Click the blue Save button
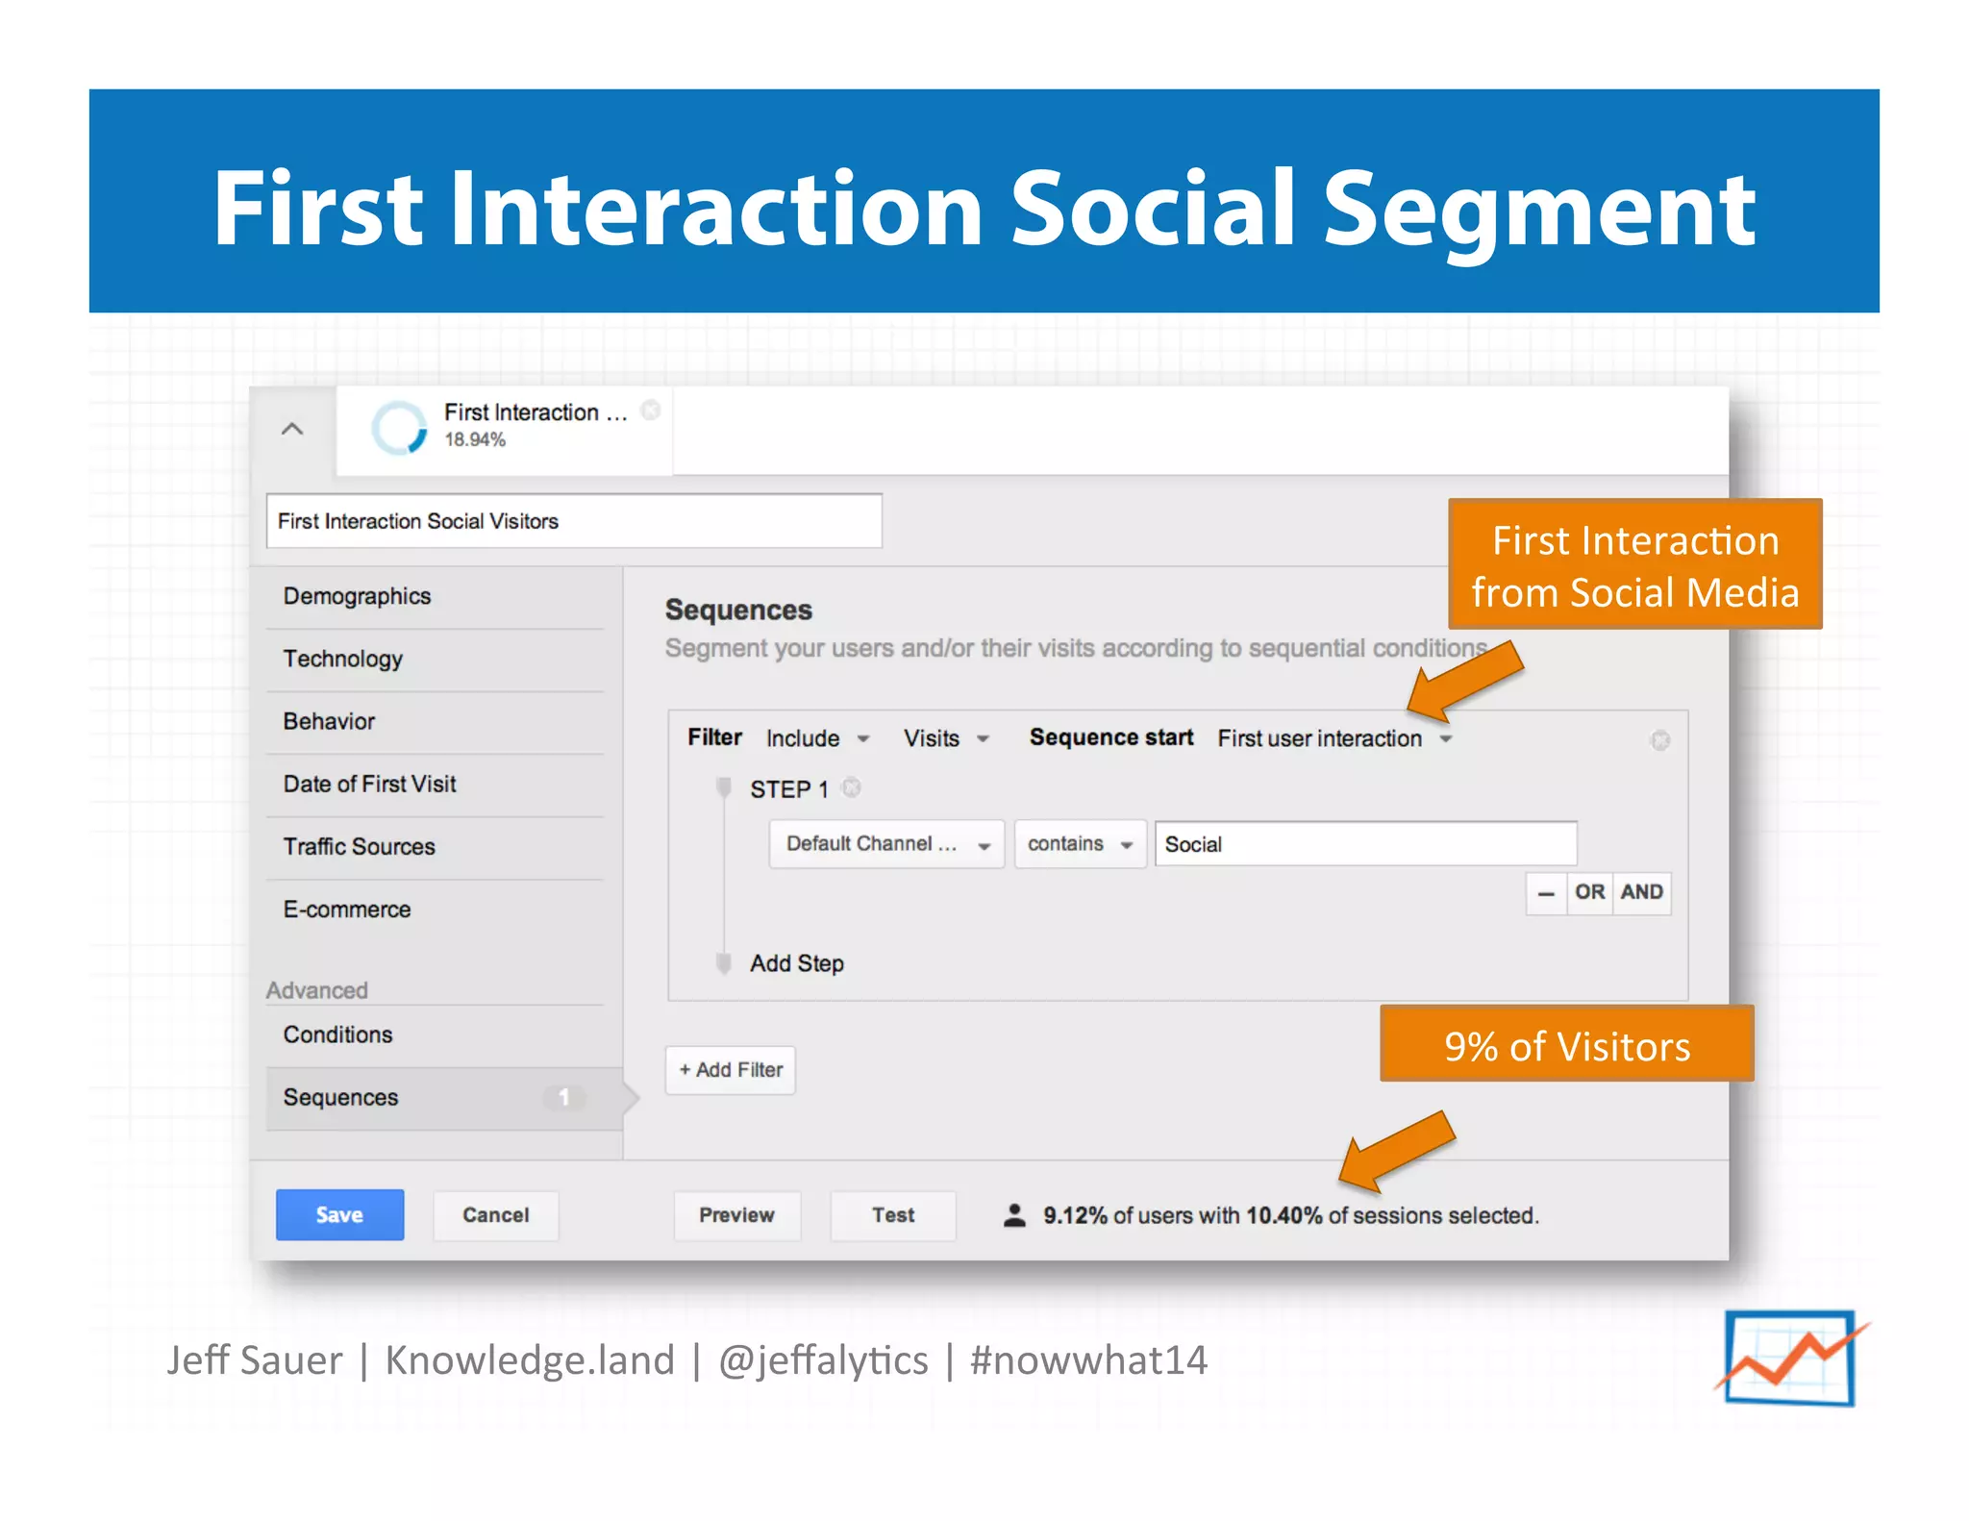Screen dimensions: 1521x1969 click(x=339, y=1214)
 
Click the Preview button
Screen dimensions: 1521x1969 click(x=736, y=1214)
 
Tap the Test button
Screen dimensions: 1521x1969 click(x=892, y=1214)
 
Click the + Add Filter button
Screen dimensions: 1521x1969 click(x=731, y=1069)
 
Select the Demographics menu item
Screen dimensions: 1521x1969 click(x=357, y=596)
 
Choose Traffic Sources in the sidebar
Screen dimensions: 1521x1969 click(x=359, y=846)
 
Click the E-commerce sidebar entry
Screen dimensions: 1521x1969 click(x=346, y=909)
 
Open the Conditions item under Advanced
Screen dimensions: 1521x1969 click(x=337, y=1035)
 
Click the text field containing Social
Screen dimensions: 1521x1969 click(x=1365, y=844)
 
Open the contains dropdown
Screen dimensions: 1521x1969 click(x=1080, y=844)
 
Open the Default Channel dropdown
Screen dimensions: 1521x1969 click(x=886, y=844)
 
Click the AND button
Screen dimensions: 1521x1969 click(x=1641, y=892)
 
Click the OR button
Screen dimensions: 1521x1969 click(x=1589, y=892)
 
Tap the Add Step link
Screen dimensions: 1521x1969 click(x=796, y=963)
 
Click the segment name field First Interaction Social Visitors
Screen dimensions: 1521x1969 click(x=573, y=521)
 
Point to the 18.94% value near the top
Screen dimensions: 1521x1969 click(x=475, y=439)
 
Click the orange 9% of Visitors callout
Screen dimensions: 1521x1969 click(x=1566, y=1045)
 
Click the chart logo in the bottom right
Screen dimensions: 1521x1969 click(x=1790, y=1358)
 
